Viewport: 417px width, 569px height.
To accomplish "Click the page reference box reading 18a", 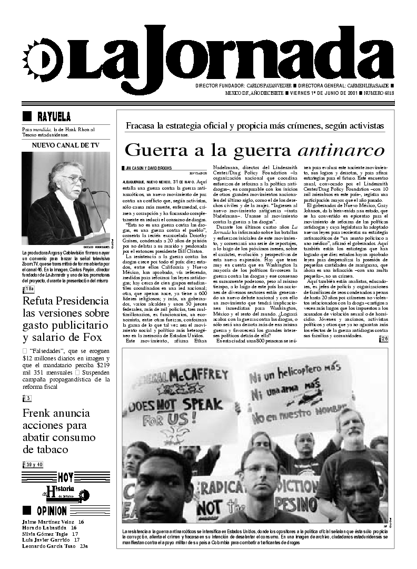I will click(28, 289).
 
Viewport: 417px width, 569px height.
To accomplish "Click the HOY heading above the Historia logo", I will click(66, 477).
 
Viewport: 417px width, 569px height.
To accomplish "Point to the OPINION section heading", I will click(52, 511).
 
